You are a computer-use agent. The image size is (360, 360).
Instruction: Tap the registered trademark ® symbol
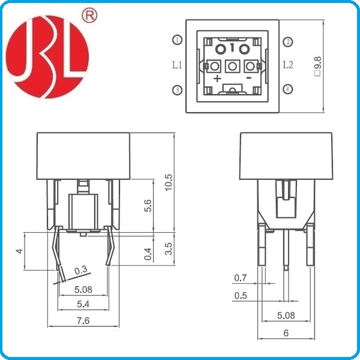pos(92,17)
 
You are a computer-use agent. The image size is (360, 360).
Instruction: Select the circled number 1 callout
pos(177,40)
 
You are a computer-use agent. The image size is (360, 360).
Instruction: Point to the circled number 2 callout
pos(288,41)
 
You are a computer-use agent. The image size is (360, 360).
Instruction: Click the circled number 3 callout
pos(177,90)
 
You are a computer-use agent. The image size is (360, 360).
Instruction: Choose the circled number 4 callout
pos(288,89)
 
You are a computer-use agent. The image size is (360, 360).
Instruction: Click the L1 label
pos(177,65)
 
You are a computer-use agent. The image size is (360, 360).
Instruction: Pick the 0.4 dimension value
pos(148,254)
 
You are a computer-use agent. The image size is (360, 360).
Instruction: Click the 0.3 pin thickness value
pos(82,271)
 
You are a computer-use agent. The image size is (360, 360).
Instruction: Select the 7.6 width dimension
pos(83,321)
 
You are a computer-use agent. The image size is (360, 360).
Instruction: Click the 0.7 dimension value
pos(240,277)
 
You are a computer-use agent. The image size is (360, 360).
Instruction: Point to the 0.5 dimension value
pos(240,295)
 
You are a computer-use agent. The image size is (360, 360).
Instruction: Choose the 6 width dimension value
pos(286,331)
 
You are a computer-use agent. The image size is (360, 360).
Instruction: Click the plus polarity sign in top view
pos(217,79)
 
